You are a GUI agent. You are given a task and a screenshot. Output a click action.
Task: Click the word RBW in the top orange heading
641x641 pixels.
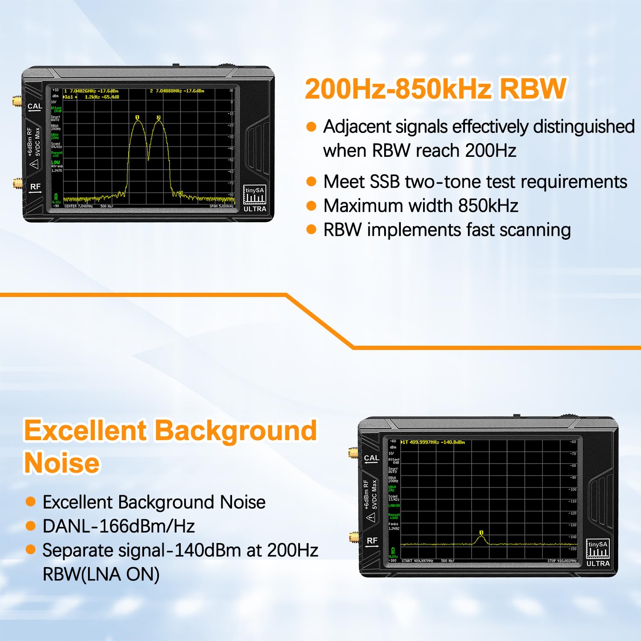533,89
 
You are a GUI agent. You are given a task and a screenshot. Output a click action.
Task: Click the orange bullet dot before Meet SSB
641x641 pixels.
312,182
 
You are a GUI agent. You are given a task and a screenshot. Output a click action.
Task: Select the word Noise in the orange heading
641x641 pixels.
62,463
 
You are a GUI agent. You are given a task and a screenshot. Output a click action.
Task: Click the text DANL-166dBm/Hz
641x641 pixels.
119,526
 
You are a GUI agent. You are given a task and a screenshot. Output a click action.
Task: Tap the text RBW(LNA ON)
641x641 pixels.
101,574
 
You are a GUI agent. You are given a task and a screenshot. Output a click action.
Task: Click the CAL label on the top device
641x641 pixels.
35,106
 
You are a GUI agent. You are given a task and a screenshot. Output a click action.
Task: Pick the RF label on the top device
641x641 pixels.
35,187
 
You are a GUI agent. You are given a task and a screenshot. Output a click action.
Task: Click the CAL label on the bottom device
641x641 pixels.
371,458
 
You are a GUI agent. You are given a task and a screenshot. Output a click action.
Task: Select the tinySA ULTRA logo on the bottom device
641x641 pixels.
597,553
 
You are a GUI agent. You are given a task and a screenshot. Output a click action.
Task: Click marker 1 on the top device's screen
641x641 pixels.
137,118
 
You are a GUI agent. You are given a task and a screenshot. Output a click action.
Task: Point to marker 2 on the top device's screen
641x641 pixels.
159,118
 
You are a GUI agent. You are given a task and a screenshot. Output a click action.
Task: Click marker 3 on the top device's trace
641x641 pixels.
181,194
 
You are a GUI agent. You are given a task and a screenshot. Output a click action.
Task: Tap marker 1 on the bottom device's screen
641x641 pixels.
481,533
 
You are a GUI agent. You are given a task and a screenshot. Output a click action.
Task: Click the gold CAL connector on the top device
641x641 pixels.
17,102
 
